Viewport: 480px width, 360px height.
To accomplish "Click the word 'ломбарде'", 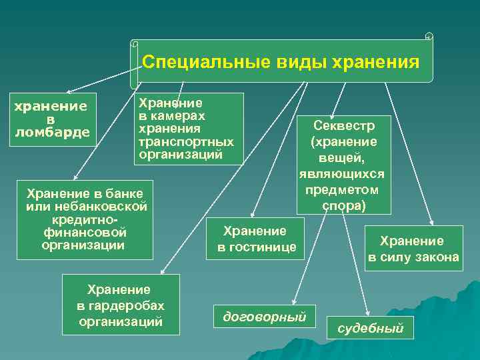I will (x=52, y=132).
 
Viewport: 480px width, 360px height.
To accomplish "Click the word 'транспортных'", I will (x=185, y=142).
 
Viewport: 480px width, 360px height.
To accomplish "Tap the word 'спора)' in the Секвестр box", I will (x=344, y=205).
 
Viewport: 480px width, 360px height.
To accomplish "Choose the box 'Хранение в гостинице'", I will (x=255, y=239).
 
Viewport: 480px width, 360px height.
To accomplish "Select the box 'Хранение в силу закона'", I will (x=413, y=249).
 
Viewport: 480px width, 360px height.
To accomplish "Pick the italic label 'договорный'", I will (x=265, y=317).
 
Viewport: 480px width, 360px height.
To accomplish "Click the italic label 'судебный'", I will (x=371, y=327).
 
